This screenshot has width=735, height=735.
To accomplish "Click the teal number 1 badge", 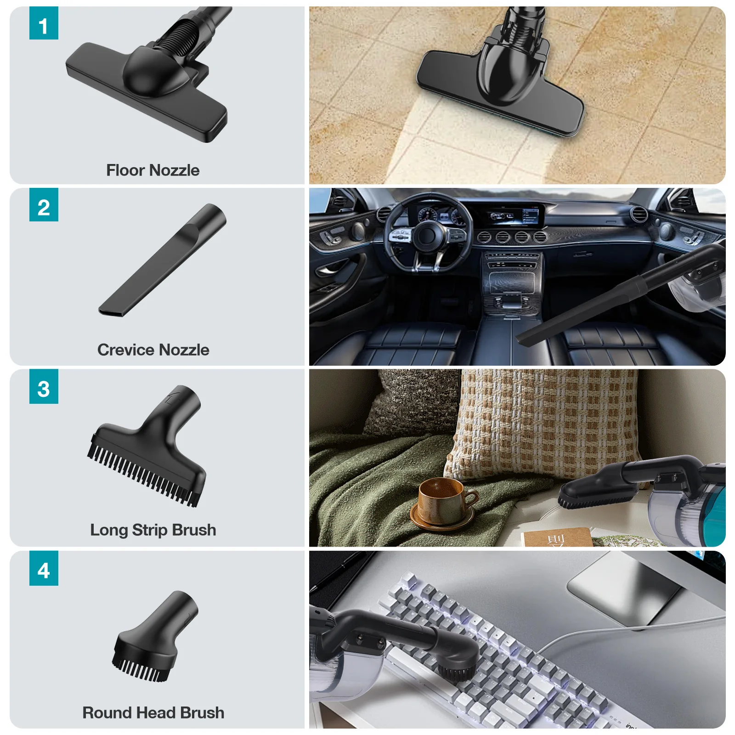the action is click(x=44, y=23).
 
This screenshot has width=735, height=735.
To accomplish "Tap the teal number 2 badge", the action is click(x=44, y=205).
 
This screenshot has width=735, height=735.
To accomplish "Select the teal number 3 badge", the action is click(x=44, y=386).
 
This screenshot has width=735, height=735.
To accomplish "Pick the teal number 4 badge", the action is click(x=44, y=568).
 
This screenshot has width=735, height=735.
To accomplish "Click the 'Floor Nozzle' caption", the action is click(x=153, y=170).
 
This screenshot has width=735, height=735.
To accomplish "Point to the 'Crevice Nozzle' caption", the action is click(x=153, y=350).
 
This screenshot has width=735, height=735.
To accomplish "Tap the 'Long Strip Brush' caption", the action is click(x=153, y=530).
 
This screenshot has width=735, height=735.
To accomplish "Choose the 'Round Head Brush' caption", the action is click(x=153, y=712).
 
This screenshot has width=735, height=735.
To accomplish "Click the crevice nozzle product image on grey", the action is click(x=162, y=260).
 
